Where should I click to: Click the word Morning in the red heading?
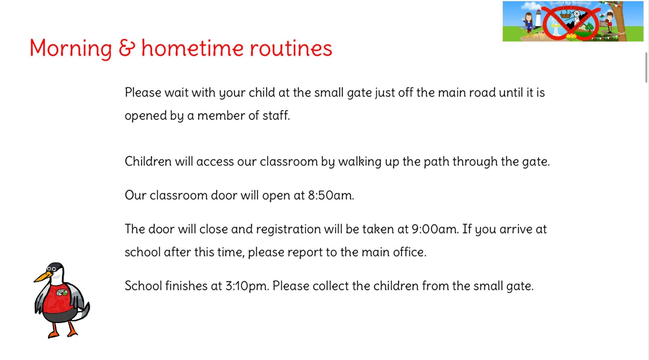pos(71,49)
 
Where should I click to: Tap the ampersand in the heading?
pos(127,48)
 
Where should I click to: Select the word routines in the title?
pos(291,48)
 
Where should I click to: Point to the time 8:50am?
pos(331,195)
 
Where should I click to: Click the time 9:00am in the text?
pos(436,229)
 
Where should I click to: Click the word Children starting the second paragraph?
pos(148,161)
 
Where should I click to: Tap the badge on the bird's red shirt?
pos(61,293)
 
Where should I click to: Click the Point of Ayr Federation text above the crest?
pos(571,4)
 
